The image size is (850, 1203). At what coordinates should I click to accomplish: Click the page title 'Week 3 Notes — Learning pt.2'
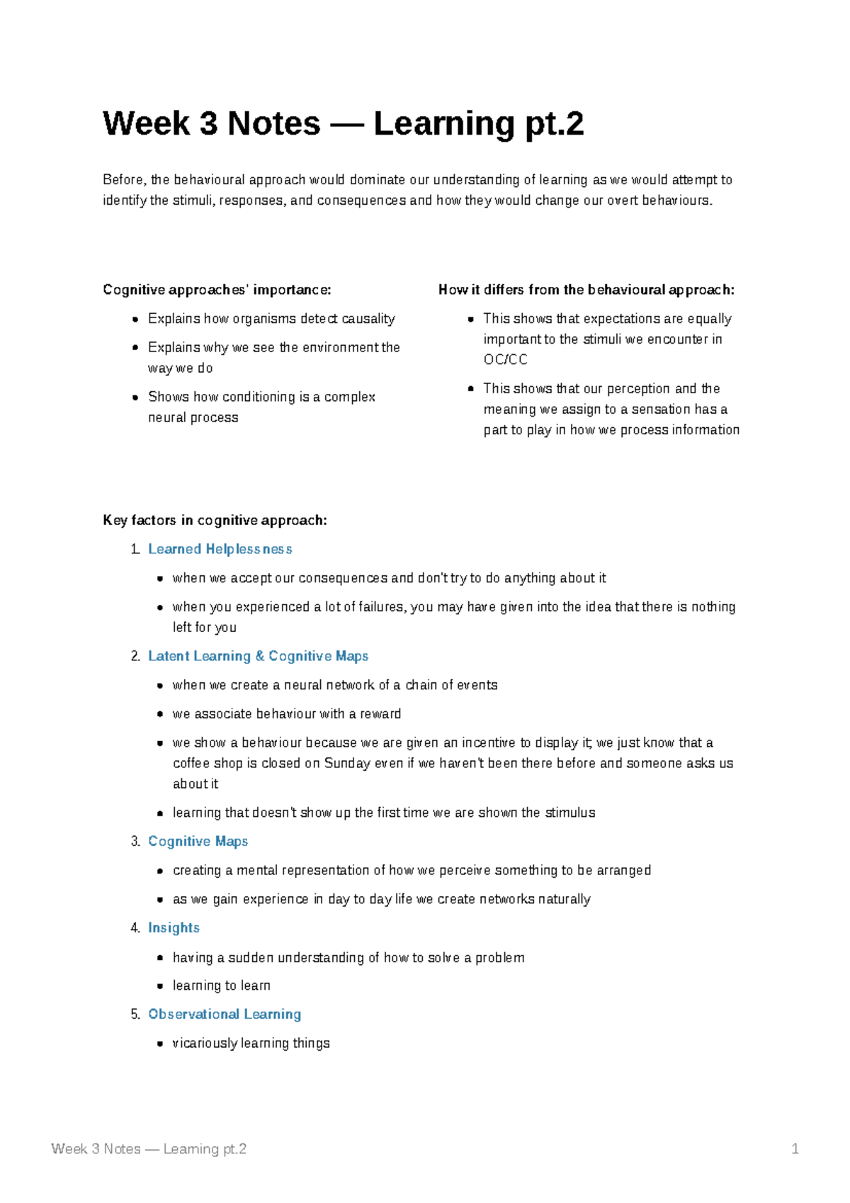(343, 124)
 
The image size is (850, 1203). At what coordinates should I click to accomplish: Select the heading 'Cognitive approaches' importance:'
(217, 290)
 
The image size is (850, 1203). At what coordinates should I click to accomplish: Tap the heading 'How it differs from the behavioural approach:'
(586, 290)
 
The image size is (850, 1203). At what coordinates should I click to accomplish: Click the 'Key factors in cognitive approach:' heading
(215, 521)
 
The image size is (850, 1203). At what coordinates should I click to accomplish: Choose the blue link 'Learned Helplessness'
(220, 550)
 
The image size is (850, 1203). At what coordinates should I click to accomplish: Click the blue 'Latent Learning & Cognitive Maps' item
(258, 657)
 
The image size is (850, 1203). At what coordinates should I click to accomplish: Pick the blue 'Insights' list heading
(174, 928)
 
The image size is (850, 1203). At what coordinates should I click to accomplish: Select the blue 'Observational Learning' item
(225, 1015)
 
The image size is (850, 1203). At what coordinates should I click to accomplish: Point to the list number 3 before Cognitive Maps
(135, 842)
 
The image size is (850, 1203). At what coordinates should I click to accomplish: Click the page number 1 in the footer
(795, 1149)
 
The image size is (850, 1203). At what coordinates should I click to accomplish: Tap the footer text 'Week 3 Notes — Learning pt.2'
(149, 1149)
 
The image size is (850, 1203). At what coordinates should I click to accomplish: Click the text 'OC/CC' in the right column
(505, 360)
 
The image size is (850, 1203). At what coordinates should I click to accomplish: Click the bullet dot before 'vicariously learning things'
(160, 1044)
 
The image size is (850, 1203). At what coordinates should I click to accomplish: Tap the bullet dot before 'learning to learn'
(160, 986)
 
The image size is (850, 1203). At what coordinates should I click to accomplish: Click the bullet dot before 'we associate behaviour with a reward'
(160, 714)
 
